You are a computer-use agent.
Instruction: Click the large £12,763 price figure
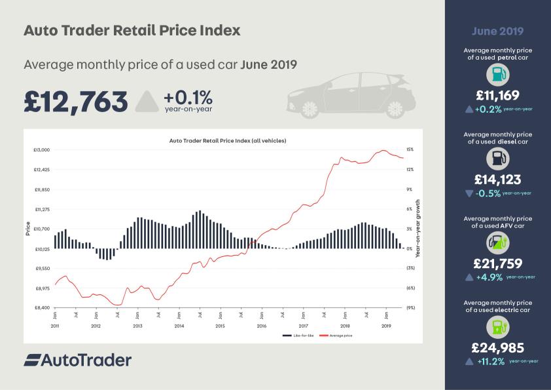tap(75, 102)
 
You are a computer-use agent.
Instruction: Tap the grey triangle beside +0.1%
tap(147, 102)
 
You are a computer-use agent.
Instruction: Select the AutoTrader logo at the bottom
tap(78, 360)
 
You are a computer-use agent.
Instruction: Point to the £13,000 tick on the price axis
tap(42, 150)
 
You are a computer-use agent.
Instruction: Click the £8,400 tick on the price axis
tap(42, 307)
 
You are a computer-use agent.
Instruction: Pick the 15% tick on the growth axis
tap(410, 150)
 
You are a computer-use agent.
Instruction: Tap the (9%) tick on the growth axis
tap(410, 307)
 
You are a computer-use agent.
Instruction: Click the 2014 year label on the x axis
tap(179, 326)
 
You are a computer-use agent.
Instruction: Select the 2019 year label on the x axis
tap(386, 326)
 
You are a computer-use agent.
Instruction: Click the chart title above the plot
tap(228, 140)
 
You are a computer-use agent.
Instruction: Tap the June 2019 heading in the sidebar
tap(497, 31)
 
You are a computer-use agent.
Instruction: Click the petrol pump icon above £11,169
tap(497, 73)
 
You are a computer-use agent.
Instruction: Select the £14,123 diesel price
tap(497, 179)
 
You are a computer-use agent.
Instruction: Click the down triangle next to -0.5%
tap(468, 193)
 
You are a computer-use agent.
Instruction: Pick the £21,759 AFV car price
tap(497, 263)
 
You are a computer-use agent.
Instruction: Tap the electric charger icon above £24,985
tap(497, 326)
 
